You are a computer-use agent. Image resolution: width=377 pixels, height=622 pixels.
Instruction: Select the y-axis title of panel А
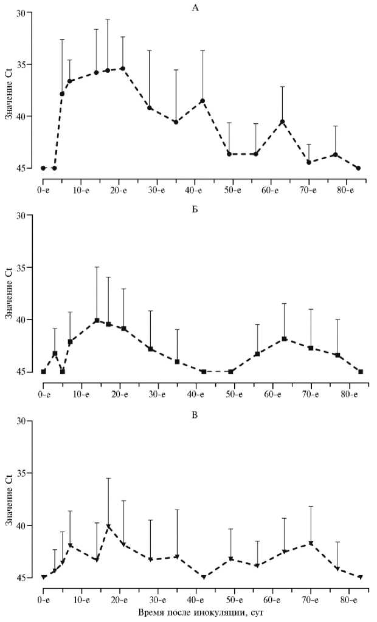pyautogui.click(x=8, y=92)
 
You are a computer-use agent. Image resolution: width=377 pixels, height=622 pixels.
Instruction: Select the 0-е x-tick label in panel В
pyautogui.click(x=43, y=590)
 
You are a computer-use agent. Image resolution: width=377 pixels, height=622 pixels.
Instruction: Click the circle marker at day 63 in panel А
pyautogui.click(x=282, y=121)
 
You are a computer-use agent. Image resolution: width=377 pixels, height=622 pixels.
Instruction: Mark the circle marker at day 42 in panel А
pyautogui.click(x=202, y=101)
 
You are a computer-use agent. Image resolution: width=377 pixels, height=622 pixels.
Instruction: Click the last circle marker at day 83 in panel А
pyautogui.click(x=358, y=168)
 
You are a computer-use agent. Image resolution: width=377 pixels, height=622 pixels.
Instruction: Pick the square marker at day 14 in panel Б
pyautogui.click(x=96, y=321)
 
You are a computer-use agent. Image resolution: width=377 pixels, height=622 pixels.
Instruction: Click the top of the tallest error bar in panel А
pyautogui.click(x=108, y=19)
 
